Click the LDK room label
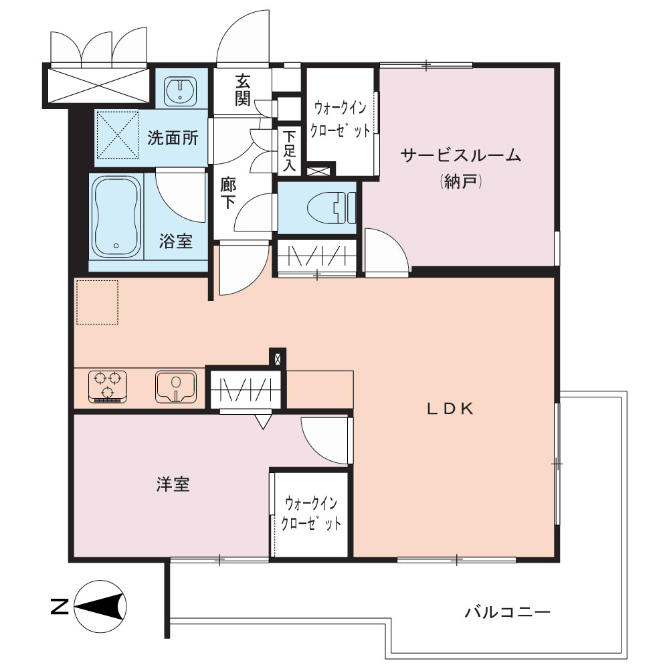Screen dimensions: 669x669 (x=450, y=409)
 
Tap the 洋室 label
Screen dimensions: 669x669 (x=173, y=484)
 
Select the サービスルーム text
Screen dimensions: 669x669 (x=461, y=155)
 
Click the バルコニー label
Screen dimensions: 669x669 (x=508, y=613)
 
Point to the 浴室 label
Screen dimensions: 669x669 (x=176, y=242)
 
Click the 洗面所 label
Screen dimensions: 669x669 (x=173, y=138)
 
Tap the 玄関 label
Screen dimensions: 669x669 (x=242, y=90)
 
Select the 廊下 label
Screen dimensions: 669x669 (x=228, y=193)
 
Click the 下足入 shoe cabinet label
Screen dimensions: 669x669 (x=289, y=151)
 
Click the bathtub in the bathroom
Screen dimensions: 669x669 (x=116, y=217)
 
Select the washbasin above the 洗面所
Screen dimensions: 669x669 (x=181, y=90)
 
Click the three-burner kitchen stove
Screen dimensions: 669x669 (x=108, y=387)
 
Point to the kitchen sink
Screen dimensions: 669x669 (x=176, y=387)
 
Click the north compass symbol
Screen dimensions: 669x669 (x=100, y=606)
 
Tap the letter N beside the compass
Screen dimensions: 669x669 (x=60, y=606)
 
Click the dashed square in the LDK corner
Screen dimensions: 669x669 (x=97, y=302)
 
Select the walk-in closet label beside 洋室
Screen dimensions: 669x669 (x=311, y=513)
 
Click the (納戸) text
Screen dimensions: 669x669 (x=461, y=182)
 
